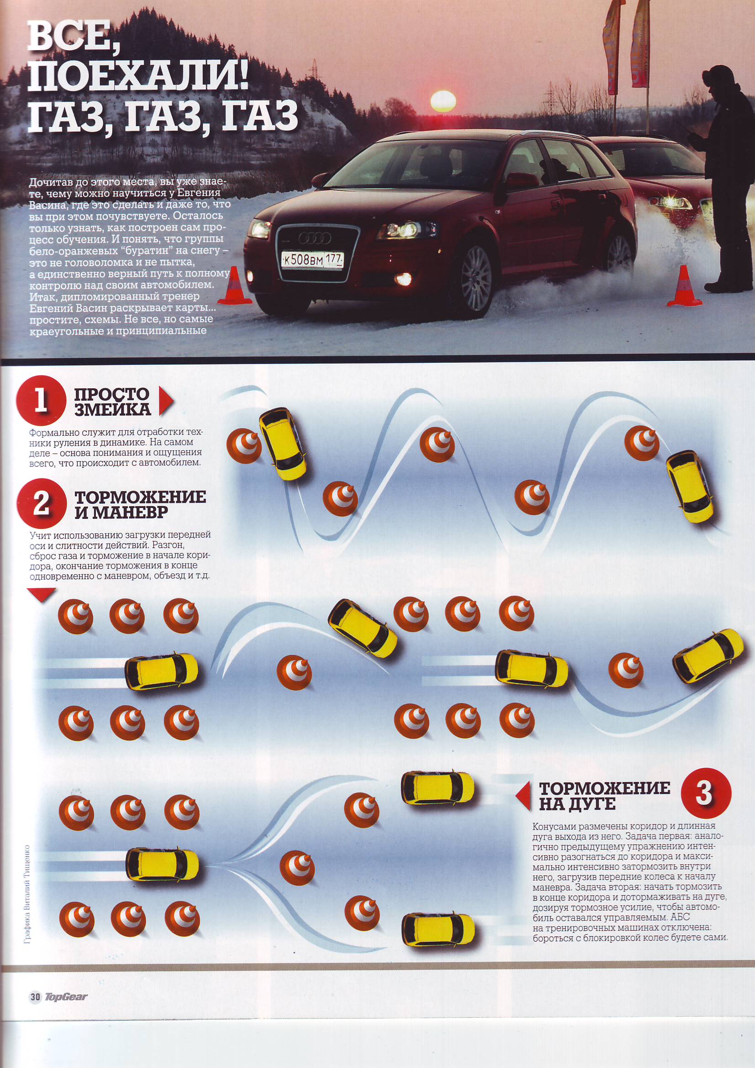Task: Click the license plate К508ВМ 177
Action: coord(312,259)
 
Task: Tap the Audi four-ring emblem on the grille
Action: coord(314,238)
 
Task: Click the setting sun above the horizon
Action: coord(443,101)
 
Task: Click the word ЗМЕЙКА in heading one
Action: coord(112,409)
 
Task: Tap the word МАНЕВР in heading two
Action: coord(121,513)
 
